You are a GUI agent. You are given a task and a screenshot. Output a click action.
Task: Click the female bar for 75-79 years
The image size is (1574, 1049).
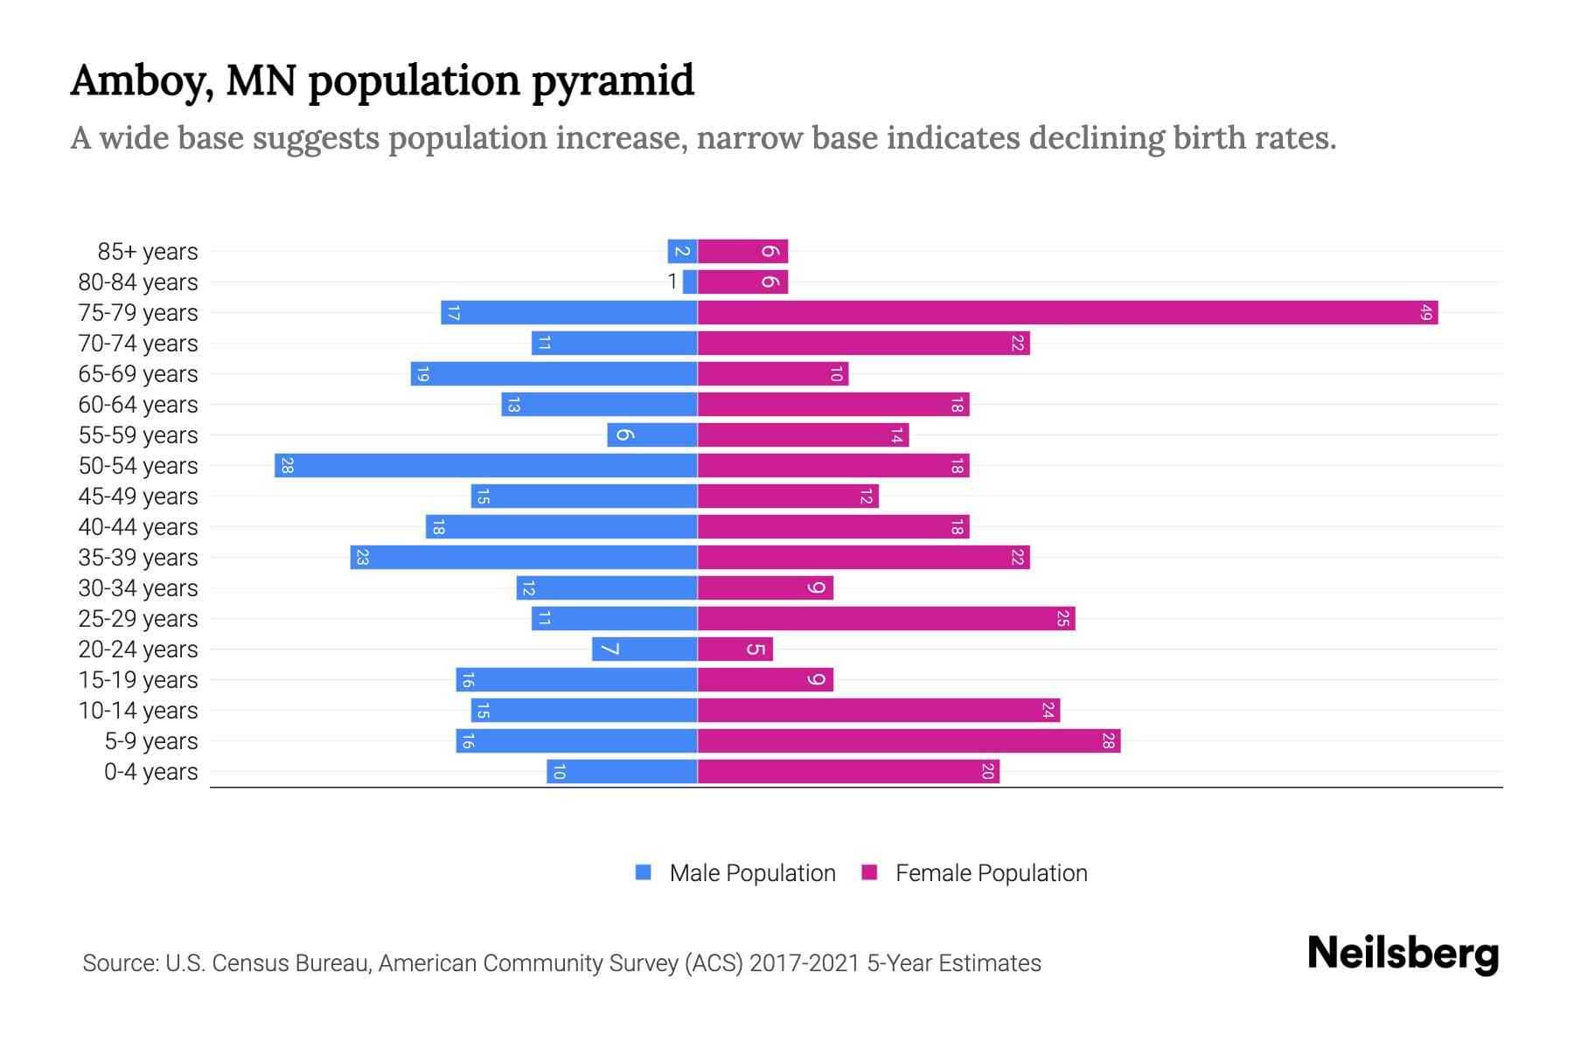[1067, 312]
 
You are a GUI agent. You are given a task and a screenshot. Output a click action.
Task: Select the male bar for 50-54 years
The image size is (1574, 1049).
[485, 465]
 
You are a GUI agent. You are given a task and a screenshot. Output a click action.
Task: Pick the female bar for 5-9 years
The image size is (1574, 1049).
[909, 740]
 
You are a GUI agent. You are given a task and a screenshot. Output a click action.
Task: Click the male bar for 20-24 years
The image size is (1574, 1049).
[644, 649]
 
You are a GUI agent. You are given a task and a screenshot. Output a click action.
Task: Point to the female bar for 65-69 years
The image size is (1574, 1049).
[773, 373]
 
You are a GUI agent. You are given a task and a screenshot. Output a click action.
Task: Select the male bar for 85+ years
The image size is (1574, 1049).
[682, 251]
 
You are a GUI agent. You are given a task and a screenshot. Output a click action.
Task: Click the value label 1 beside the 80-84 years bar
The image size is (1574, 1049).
[672, 281]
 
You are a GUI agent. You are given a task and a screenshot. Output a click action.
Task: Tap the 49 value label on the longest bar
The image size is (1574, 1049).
[1425, 312]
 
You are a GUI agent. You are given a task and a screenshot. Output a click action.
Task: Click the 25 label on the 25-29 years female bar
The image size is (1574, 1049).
[1062, 618]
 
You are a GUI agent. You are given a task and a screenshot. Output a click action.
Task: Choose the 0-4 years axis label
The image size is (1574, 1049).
[150, 772]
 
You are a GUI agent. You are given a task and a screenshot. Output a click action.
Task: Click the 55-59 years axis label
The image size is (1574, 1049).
[138, 434]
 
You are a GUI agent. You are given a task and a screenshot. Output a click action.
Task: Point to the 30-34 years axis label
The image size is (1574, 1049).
[138, 587]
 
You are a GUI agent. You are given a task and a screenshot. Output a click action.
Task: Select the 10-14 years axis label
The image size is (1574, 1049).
[138, 710]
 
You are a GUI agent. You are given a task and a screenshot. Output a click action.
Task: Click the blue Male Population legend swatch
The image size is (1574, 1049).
[644, 872]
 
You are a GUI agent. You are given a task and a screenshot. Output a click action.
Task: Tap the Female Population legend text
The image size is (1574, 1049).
[991, 873]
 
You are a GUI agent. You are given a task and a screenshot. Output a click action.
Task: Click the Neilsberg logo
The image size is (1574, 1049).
[1403, 954]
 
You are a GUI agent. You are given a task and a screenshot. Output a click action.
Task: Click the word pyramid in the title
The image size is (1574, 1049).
[612, 81]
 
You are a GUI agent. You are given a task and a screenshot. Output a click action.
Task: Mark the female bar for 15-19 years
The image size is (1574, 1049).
[765, 679]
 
